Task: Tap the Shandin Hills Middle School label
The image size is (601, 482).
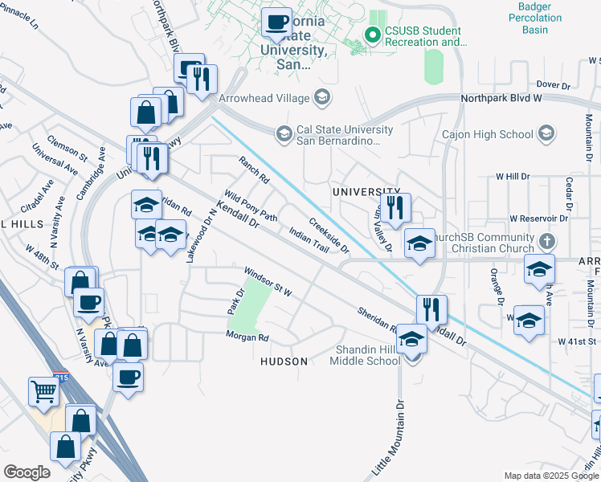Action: tap(364, 354)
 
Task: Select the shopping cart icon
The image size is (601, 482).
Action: tap(43, 392)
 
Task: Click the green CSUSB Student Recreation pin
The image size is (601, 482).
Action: tap(372, 35)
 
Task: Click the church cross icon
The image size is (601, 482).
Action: tap(546, 241)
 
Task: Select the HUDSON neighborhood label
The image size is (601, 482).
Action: tap(284, 361)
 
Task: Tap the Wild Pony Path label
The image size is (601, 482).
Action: tap(250, 206)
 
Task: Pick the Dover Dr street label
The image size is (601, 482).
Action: tap(552, 84)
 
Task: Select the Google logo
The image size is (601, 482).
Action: tap(27, 472)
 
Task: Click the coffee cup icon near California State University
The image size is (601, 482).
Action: tap(277, 22)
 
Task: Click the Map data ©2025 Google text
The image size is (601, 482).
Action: tap(550, 476)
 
